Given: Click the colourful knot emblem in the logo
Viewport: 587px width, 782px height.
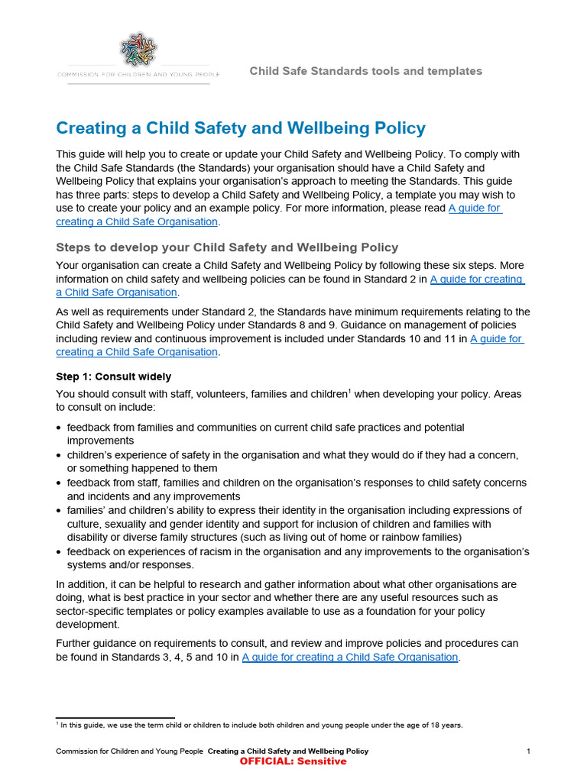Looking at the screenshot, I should coord(138,49).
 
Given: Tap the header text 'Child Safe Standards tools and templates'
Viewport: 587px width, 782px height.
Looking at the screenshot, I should coord(365,71).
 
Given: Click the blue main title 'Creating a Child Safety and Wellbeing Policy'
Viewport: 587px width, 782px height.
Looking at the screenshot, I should coord(241,128).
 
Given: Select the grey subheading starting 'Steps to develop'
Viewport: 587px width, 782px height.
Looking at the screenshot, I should coord(227,247).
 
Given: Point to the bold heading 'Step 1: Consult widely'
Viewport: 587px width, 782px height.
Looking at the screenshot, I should coord(114,376).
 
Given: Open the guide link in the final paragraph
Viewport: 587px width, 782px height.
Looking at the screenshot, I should coord(350,657).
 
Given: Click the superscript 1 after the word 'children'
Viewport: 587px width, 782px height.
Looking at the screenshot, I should coord(349,392).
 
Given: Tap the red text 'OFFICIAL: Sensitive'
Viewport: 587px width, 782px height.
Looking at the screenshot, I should coord(293,761).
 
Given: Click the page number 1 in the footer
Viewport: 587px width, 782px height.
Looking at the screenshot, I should coord(528,751).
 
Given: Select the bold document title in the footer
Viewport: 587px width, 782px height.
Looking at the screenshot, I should coord(288,751).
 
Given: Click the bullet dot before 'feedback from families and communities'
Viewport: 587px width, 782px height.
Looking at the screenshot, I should coord(60,428).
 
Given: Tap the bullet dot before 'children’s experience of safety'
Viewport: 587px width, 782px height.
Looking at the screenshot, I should coord(60,455).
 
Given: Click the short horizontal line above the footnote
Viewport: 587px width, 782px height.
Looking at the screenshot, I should coord(115,717).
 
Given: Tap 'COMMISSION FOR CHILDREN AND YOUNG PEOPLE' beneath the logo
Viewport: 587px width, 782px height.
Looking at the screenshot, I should coord(138,75).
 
